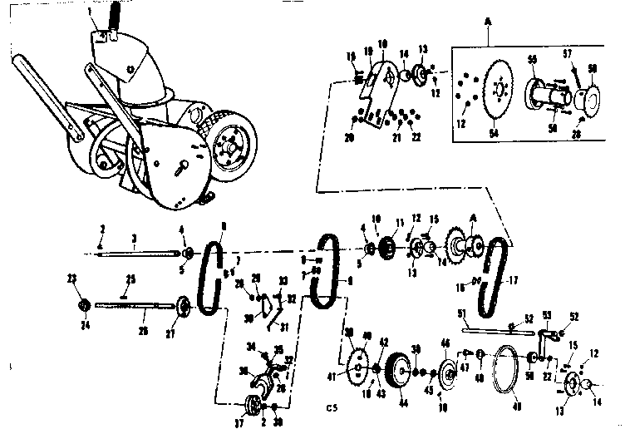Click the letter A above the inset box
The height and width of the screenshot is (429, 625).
pos(486,27)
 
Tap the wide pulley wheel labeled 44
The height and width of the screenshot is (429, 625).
pos(399,372)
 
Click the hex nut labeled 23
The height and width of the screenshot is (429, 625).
pos(83,304)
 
